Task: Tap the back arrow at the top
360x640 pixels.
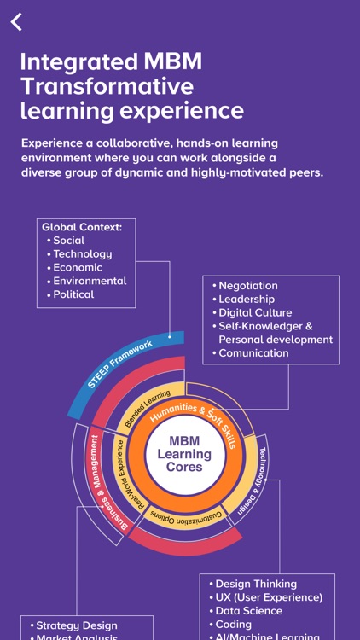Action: pos(16,22)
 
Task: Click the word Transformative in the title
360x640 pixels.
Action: pos(107,86)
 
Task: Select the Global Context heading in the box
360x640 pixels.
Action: pos(82,227)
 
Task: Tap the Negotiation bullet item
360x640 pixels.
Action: pos(247,286)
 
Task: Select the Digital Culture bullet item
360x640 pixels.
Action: pos(254,312)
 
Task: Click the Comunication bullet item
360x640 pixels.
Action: pos(253,353)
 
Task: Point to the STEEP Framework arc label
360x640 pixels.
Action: pos(119,364)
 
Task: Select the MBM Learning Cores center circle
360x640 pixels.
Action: pos(184,454)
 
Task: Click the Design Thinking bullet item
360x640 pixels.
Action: pos(255,585)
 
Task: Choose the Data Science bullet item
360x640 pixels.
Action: pos(248,611)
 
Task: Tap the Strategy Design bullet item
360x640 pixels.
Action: pos(76,625)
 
